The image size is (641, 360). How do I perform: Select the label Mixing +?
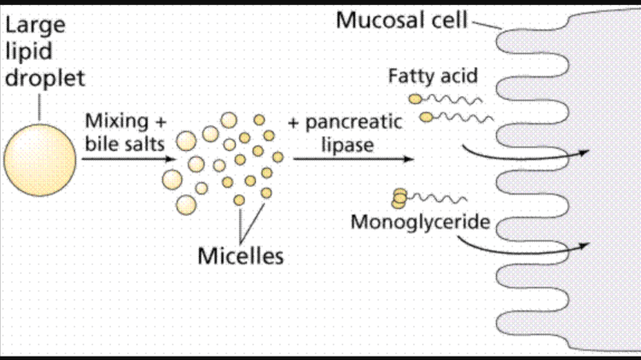pyautogui.click(x=125, y=120)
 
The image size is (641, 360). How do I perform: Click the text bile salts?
pyautogui.click(x=125, y=143)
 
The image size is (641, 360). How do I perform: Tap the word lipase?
pyautogui.click(x=347, y=144)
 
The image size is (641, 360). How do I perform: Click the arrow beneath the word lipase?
pyautogui.click(x=353, y=159)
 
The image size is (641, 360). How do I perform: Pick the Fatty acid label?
pyautogui.click(x=433, y=77)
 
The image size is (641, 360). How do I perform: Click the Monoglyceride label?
pyautogui.click(x=421, y=223)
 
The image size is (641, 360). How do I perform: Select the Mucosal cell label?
pyautogui.click(x=401, y=20)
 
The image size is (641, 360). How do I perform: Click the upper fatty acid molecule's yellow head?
pyautogui.click(x=414, y=99)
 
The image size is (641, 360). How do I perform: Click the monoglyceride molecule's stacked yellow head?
pyautogui.click(x=399, y=199)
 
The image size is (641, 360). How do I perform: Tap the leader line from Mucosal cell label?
pyautogui.click(x=486, y=25)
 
